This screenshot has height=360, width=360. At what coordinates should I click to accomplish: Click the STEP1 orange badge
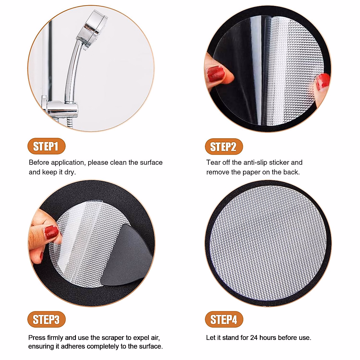click(x=46, y=146)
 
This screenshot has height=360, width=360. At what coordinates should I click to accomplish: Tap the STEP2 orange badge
click(x=223, y=147)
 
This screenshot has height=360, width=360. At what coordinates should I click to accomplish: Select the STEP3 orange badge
click(x=46, y=319)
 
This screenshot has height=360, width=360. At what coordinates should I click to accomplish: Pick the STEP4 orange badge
click(x=224, y=319)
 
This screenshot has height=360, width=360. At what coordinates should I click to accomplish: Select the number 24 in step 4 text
click(x=254, y=338)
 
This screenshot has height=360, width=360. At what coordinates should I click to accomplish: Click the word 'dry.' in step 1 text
click(x=70, y=172)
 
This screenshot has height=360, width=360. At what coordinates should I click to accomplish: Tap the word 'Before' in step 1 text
click(x=39, y=163)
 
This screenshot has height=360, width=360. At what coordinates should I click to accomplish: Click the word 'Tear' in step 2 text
click(x=213, y=163)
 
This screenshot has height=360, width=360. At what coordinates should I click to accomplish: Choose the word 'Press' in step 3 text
click(x=37, y=338)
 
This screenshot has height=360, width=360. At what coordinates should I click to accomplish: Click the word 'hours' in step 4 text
click(x=268, y=338)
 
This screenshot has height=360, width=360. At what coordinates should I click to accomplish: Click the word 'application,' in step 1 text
click(x=69, y=163)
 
